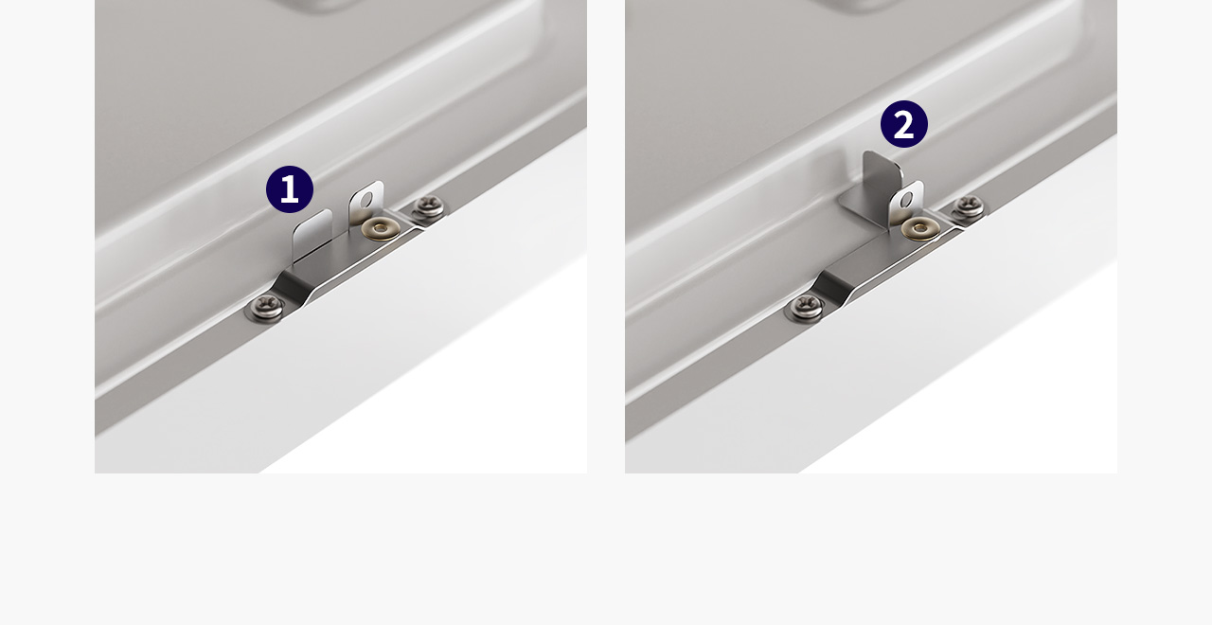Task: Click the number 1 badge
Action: pos(290,189)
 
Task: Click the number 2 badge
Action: pos(904,124)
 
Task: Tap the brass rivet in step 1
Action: pos(381,228)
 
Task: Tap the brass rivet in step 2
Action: pos(920,228)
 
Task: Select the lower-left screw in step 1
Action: pos(265,307)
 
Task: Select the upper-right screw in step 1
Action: pos(429,206)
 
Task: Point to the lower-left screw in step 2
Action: pos(806,307)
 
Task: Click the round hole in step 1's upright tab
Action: pos(368,200)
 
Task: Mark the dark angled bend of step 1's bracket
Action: pos(294,289)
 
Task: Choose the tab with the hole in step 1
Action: pos(366,204)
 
